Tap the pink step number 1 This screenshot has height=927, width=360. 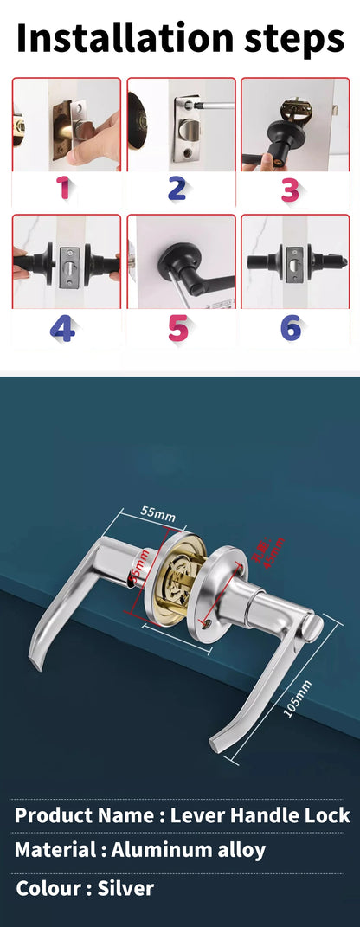coord(62,188)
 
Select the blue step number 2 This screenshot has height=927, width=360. coord(177,188)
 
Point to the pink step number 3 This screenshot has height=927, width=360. coord(290,189)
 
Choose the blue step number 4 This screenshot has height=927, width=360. coord(62,328)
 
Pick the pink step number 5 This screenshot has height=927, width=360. coord(177,328)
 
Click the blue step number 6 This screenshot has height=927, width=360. coord(291,328)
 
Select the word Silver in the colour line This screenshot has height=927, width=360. coord(125,888)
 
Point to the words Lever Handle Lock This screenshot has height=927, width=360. coord(260,814)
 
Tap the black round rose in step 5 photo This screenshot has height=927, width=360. coord(172,261)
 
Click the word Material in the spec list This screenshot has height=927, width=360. coord(55,850)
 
